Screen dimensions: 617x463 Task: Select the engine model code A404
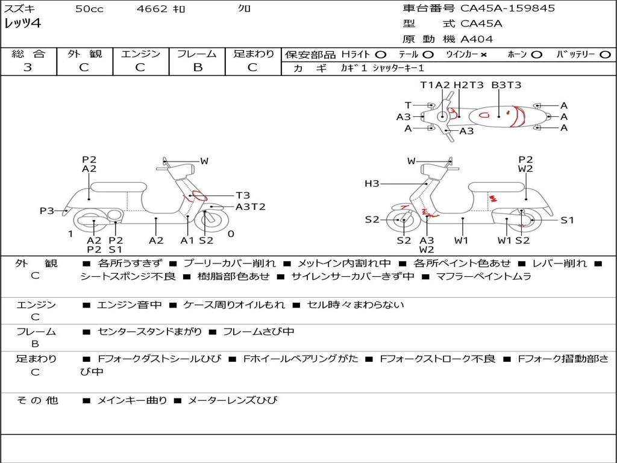pyautogui.click(x=477, y=39)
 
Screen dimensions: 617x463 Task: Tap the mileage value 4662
pyautogui.click(x=152, y=9)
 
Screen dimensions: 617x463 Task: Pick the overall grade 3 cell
pyautogui.click(x=28, y=68)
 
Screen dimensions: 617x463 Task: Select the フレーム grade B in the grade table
pyautogui.click(x=197, y=68)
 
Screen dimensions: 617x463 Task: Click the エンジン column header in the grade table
pyautogui.click(x=140, y=54)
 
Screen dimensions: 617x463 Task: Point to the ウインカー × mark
pyautogui.click(x=483, y=54)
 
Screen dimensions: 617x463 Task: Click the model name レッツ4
pyautogui.click(x=23, y=24)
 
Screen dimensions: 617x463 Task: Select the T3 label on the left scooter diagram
pyautogui.click(x=242, y=195)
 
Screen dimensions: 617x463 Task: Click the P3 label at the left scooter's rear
pyautogui.click(x=47, y=210)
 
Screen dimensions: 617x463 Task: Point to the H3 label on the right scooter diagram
pyautogui.click(x=372, y=184)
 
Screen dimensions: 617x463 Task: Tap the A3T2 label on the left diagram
pyautogui.click(x=250, y=207)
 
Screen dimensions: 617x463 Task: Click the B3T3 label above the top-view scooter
pyautogui.click(x=506, y=85)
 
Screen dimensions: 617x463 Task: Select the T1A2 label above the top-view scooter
pyautogui.click(x=435, y=85)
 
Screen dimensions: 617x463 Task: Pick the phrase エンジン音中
pyautogui.click(x=130, y=305)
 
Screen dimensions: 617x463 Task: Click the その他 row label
pyautogui.click(x=37, y=400)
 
